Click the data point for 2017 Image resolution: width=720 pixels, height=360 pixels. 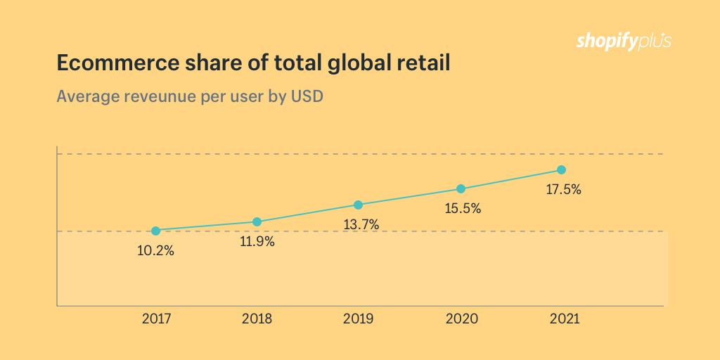(156, 231)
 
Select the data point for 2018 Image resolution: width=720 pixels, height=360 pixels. (257, 222)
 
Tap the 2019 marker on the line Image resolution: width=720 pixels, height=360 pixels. (358, 205)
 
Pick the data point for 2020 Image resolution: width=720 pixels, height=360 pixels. (461, 189)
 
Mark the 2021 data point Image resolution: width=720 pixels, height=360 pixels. (561, 170)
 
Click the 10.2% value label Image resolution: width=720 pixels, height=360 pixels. (156, 250)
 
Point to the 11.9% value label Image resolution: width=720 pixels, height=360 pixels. (257, 241)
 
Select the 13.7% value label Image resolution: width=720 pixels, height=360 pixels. (361, 225)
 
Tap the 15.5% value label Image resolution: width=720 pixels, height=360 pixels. (462, 209)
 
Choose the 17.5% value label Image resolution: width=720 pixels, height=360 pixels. (562, 189)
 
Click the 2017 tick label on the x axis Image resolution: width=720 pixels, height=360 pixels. (157, 319)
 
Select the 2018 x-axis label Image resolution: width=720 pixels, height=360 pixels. (257, 319)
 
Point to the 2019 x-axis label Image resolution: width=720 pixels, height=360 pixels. (359, 319)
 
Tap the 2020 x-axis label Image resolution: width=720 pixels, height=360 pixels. (461, 319)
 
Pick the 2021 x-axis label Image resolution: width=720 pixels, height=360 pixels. (563, 319)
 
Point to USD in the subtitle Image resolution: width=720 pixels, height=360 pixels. (307, 96)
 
